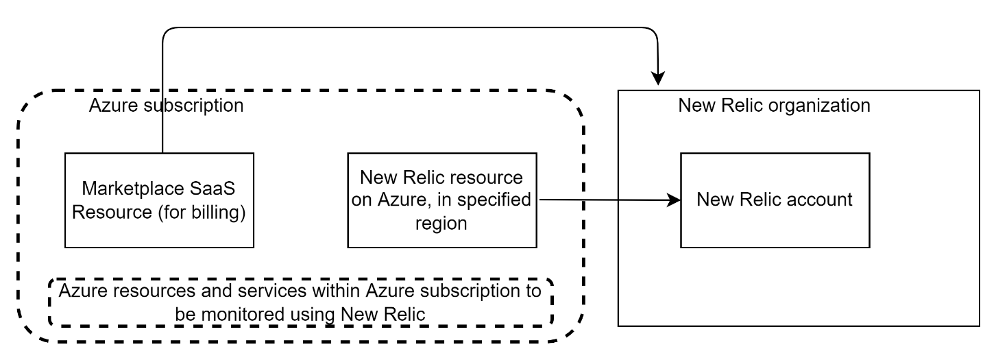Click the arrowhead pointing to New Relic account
[675, 200]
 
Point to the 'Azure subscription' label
[166, 106]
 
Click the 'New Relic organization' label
[774, 106]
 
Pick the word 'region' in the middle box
[441, 224]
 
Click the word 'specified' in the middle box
[492, 200]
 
